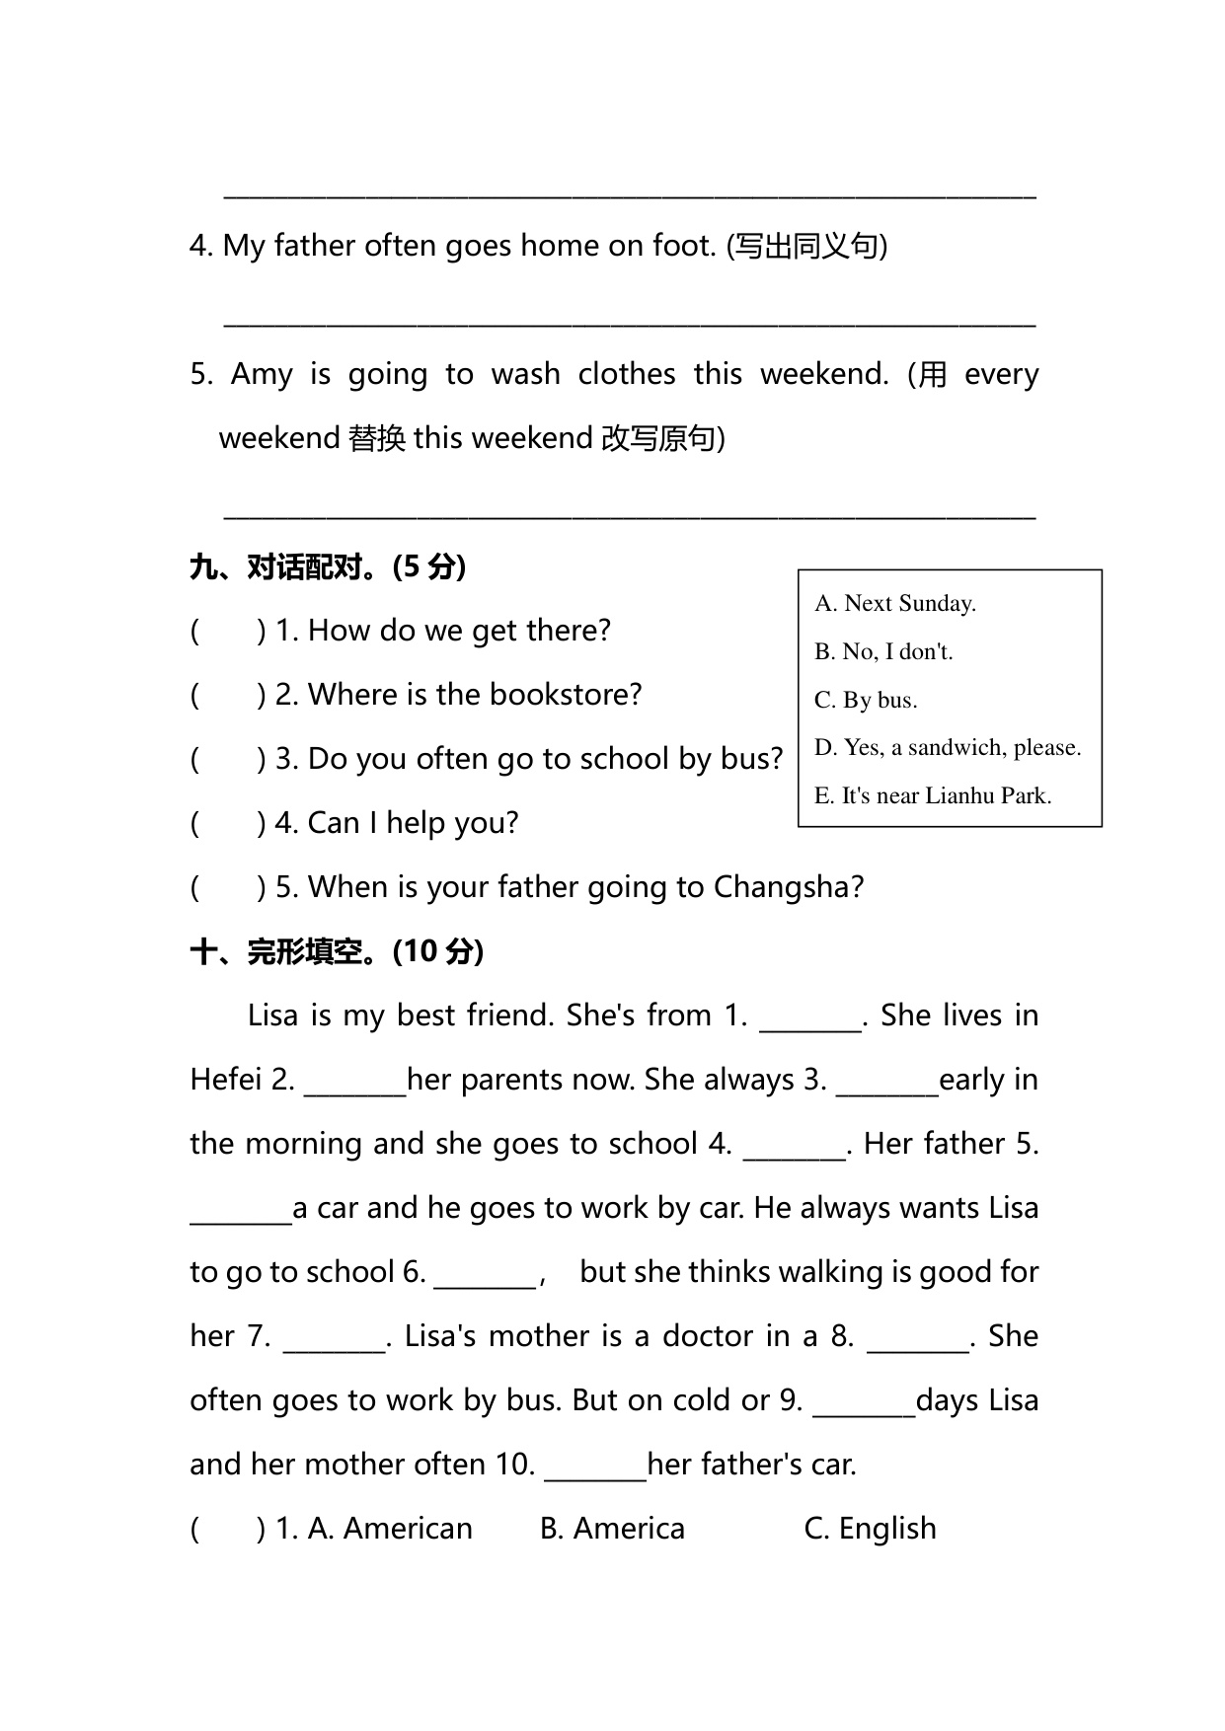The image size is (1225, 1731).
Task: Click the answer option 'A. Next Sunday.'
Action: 894,603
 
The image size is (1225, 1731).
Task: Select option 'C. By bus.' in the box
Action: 866,700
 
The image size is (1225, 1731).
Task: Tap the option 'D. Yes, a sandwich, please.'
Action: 948,747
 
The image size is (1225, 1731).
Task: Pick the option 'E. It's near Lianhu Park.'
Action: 933,795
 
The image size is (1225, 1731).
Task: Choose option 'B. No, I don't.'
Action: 883,651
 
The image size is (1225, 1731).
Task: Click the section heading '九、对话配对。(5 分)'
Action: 328,566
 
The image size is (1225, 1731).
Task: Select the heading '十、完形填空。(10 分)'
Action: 337,951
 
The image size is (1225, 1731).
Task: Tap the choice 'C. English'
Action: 870,1528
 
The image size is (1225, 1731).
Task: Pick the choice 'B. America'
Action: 612,1528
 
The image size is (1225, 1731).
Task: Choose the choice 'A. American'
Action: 390,1528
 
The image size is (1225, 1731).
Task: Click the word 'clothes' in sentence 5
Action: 627,374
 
